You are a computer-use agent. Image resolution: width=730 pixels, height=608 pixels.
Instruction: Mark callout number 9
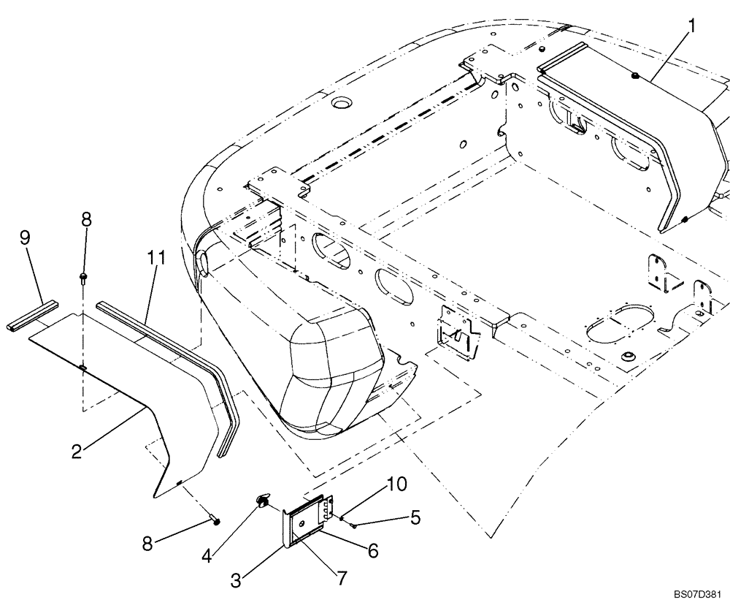[24, 237]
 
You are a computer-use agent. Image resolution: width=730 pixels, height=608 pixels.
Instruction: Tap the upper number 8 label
[86, 218]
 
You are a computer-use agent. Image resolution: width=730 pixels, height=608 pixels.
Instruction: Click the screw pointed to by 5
[352, 522]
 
